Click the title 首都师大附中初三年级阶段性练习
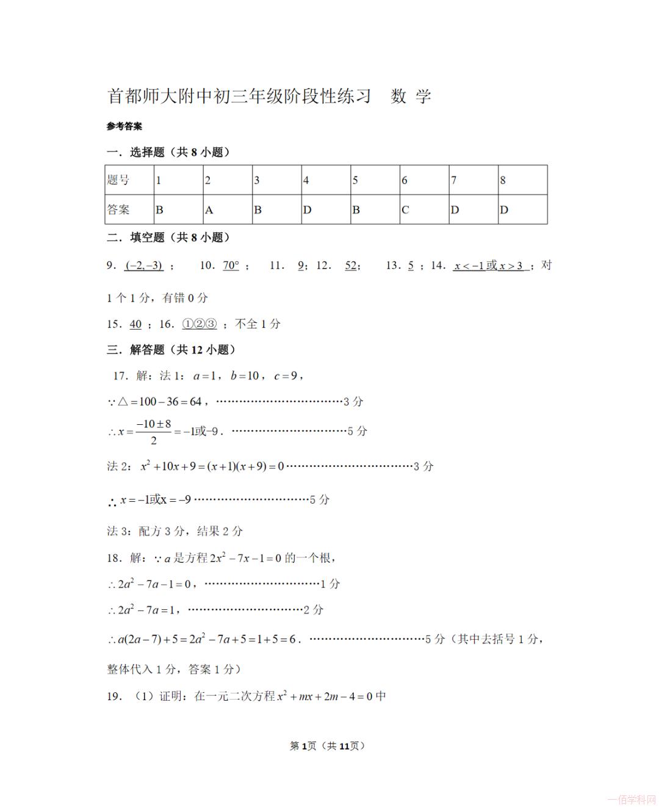point(239,96)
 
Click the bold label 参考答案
point(124,126)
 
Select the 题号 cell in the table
point(118,180)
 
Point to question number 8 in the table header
point(503,180)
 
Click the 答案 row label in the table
point(118,210)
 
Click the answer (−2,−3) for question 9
point(144,266)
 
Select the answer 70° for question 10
point(231,266)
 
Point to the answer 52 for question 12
point(351,266)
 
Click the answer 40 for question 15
point(135,324)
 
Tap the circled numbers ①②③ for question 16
point(200,324)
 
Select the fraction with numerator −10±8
point(153,432)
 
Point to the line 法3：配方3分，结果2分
point(175,531)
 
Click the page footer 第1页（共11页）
point(328,745)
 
